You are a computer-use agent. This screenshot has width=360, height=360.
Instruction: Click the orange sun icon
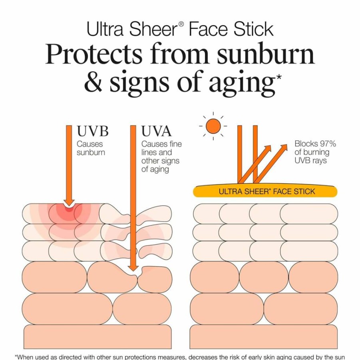213,126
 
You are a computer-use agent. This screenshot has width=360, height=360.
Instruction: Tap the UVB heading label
93,131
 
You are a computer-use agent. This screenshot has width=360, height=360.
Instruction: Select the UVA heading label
156,131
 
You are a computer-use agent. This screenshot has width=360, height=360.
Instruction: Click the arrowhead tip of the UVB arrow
69,205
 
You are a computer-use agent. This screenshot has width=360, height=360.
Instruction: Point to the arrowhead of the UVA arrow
133,268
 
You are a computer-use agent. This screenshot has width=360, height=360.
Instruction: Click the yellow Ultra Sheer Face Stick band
265,191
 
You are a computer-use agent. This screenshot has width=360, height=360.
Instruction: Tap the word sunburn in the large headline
266,54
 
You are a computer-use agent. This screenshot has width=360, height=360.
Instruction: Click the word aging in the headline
241,83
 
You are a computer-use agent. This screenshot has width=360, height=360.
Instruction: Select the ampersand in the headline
93,82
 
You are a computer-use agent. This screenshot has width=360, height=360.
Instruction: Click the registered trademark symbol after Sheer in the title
181,24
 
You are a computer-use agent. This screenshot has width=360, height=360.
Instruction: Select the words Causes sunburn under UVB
91,148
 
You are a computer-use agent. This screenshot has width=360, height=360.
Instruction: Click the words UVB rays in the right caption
310,160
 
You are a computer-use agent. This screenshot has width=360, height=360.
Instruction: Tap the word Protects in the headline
93,54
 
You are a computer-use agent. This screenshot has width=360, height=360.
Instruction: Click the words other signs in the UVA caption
160,161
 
